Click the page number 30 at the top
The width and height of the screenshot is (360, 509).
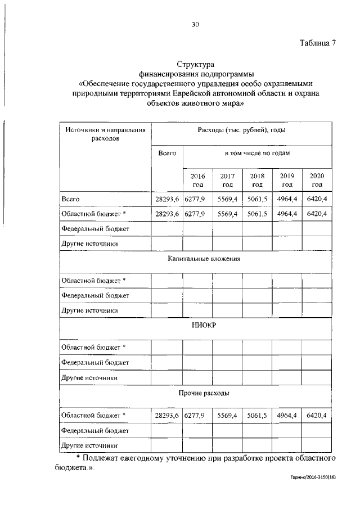(x=195, y=24)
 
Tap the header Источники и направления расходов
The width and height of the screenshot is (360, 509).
(x=105, y=133)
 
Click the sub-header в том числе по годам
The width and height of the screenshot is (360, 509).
(x=257, y=153)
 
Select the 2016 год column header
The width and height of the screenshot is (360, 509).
(x=197, y=180)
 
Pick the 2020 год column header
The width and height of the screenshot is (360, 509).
(x=317, y=180)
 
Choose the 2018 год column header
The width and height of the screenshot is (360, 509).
(x=257, y=180)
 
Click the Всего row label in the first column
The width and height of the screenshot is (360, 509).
(x=70, y=199)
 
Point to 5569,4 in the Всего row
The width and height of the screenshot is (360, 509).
(x=227, y=199)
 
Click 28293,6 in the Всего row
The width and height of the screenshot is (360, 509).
(x=166, y=199)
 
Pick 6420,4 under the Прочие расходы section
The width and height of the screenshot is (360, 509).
(x=317, y=416)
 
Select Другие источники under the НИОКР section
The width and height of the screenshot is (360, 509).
(x=89, y=378)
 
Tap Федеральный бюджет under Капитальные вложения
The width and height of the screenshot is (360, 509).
(x=95, y=295)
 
